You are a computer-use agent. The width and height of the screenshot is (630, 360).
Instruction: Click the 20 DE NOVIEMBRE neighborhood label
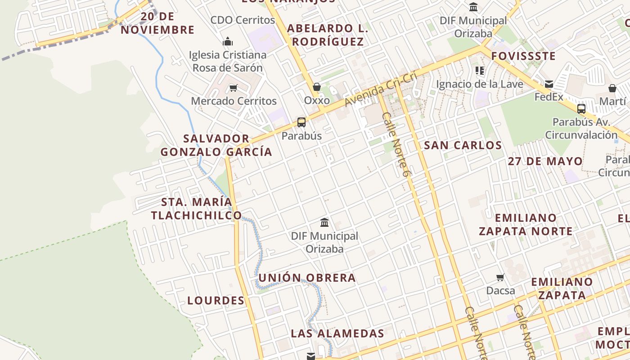point(157,23)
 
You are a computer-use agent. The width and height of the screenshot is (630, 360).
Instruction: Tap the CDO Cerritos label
point(243,20)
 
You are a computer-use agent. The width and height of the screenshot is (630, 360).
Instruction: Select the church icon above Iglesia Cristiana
point(228,42)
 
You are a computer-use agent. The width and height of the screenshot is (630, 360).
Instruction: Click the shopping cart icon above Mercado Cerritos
point(233,88)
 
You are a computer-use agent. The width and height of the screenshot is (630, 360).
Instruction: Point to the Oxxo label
point(317,100)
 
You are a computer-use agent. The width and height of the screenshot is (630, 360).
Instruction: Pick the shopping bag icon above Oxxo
point(317,87)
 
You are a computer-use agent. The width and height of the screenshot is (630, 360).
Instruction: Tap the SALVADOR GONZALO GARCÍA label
point(216,145)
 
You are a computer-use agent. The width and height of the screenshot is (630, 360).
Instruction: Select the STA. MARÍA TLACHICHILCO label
point(197,209)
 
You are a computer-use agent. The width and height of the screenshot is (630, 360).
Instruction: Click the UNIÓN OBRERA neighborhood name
point(307,278)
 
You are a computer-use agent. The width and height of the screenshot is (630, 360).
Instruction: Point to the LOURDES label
point(216,301)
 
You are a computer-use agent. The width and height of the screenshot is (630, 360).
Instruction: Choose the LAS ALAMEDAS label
point(337,333)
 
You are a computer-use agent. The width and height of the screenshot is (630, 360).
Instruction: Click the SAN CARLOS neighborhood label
point(463,145)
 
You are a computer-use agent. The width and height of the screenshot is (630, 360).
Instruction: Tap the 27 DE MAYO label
point(545,161)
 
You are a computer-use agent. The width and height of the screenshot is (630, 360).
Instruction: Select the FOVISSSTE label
point(523,56)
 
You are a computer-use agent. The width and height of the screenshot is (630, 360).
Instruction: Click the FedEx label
point(549,97)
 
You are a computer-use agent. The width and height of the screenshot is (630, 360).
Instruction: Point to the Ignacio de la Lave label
point(480,84)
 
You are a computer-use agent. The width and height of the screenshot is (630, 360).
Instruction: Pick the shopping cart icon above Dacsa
point(500,277)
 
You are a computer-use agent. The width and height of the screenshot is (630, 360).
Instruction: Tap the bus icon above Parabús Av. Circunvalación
point(581,108)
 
